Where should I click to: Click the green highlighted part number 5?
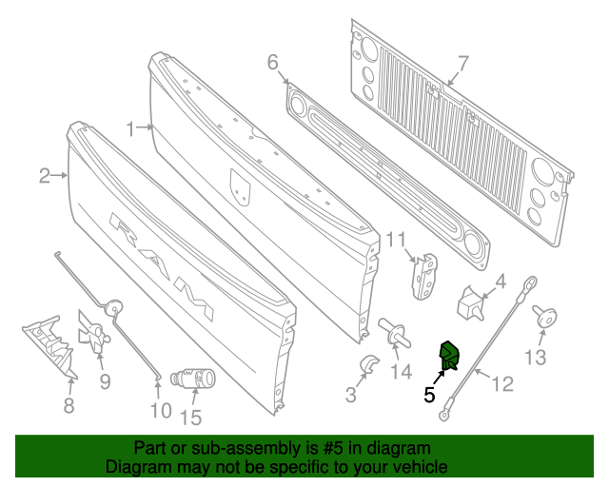coord(447,356)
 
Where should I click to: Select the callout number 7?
coord(462,65)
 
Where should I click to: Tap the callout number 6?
coord(273,63)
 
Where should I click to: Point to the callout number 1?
coord(131,126)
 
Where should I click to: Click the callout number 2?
coord(45,175)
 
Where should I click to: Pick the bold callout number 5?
coord(429,394)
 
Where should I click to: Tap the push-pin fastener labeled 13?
coord(546,317)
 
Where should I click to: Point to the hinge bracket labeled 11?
coord(425,274)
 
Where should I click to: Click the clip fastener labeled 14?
coord(397,332)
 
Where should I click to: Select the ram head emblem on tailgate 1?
coord(243,185)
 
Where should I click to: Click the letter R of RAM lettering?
coord(127,228)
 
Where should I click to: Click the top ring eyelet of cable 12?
coord(531,282)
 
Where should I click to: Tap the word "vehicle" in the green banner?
coord(411,467)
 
